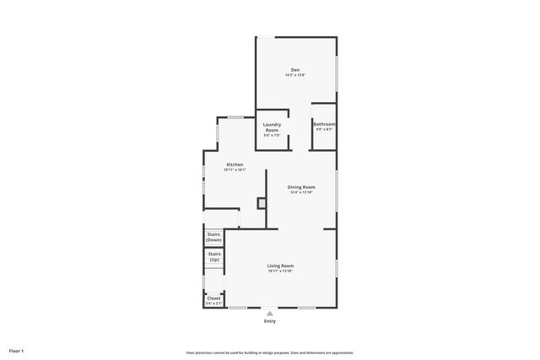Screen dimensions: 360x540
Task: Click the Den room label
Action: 295,69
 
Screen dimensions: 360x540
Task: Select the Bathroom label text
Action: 324,124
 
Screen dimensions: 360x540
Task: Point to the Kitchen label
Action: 235,164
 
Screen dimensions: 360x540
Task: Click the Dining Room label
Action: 301,186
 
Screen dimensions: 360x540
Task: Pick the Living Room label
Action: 280,265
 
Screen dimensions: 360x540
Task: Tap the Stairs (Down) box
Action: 213,237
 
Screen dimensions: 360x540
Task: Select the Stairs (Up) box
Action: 213,256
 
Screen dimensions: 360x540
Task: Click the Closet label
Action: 213,297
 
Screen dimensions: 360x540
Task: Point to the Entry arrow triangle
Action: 270,313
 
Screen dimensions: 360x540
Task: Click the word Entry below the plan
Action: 270,321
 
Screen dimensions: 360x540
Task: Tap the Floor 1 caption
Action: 17,350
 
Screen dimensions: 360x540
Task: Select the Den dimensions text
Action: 295,75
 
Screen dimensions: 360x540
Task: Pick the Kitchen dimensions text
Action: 235,169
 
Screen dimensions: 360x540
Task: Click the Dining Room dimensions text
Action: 301,192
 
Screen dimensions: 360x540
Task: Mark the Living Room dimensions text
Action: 280,271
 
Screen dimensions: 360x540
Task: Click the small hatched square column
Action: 262,202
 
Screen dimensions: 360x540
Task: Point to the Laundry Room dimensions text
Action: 272,137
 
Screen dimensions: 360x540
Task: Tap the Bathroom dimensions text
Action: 324,129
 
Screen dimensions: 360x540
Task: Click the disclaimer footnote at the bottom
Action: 270,352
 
